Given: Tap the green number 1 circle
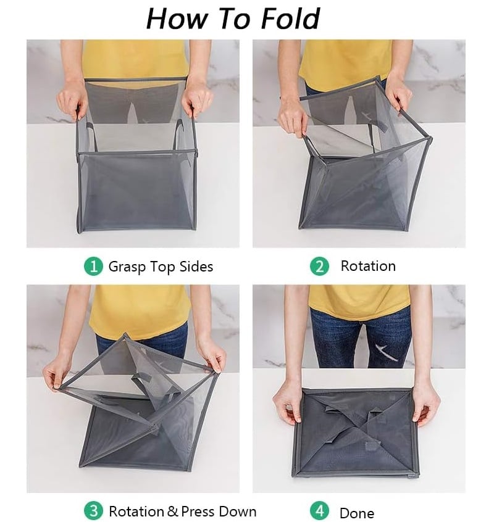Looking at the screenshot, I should [x=93, y=267].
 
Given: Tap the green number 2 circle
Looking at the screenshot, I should [x=319, y=267].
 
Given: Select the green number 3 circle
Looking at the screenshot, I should [x=93, y=511].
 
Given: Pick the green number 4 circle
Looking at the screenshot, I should [x=319, y=511].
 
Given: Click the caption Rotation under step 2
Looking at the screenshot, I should [x=368, y=267].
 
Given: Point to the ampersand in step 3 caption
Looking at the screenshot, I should [x=172, y=512].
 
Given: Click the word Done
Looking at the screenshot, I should [x=357, y=513].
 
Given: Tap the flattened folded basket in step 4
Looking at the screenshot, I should [x=354, y=433].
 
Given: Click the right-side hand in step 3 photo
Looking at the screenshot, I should [x=211, y=358].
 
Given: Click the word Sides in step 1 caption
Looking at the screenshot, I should [x=194, y=267].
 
